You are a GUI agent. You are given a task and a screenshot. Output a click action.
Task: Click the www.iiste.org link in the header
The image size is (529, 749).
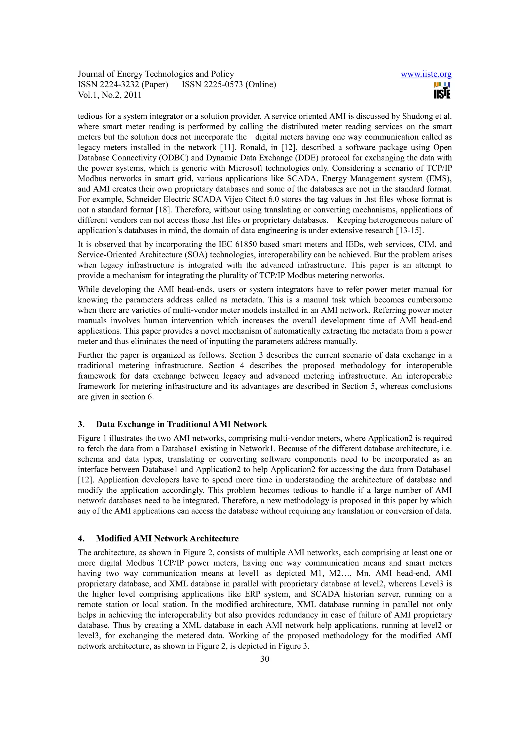tap(426, 74)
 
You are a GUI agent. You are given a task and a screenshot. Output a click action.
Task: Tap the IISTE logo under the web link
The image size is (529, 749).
tap(442, 90)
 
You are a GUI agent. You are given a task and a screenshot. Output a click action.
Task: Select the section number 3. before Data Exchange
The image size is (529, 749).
tap(81, 424)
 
